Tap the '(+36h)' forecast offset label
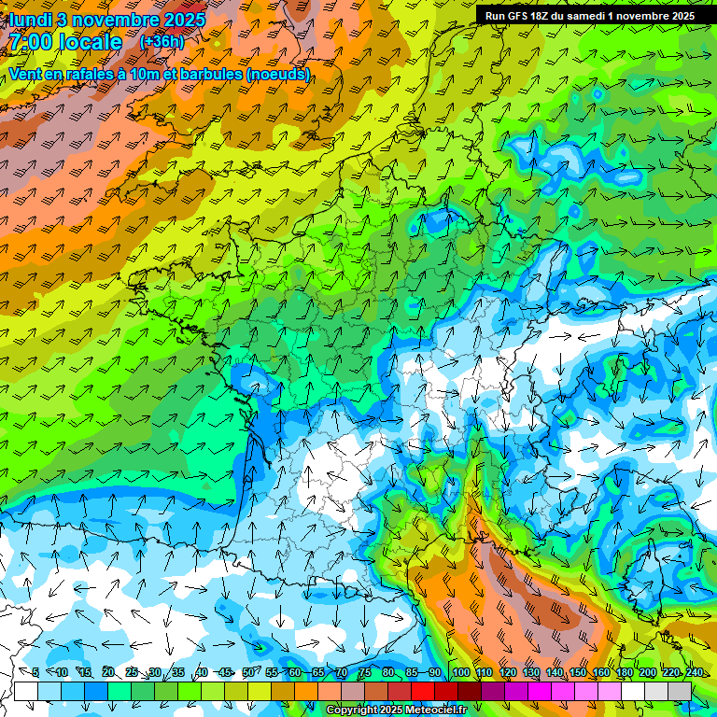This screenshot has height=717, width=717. tap(162, 42)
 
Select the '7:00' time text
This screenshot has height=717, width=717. tap(34, 42)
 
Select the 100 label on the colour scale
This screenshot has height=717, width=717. tap(460, 672)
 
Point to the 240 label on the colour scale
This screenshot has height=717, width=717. tap(694, 672)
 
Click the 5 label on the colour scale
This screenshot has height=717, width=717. tap(35, 672)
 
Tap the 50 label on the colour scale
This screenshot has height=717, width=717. tap(247, 672)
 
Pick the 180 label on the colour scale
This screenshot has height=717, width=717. tap(624, 672)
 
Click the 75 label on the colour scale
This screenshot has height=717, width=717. tap(365, 672)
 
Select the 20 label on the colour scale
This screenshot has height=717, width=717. tap(107, 672)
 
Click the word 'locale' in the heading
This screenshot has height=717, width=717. tap(91, 42)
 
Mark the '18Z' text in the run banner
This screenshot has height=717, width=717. tap(541, 16)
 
